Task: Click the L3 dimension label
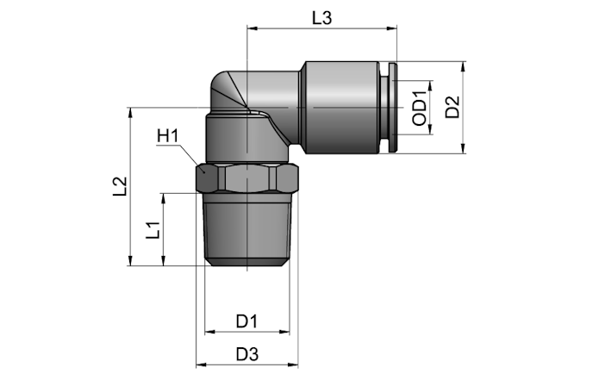[321, 18]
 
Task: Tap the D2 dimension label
[452, 107]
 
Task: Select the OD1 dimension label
[420, 109]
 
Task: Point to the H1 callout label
[167, 136]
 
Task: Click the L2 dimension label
[120, 186]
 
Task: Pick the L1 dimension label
[153, 230]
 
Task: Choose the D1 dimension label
[247, 321]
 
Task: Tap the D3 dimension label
[247, 354]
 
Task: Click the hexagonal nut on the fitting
[247, 178]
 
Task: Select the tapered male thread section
[247, 229]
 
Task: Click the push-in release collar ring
[392, 108]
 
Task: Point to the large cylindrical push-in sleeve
[342, 108]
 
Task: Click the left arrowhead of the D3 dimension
[201, 365]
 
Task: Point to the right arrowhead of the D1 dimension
[284, 332]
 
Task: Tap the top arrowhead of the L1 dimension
[164, 198]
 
